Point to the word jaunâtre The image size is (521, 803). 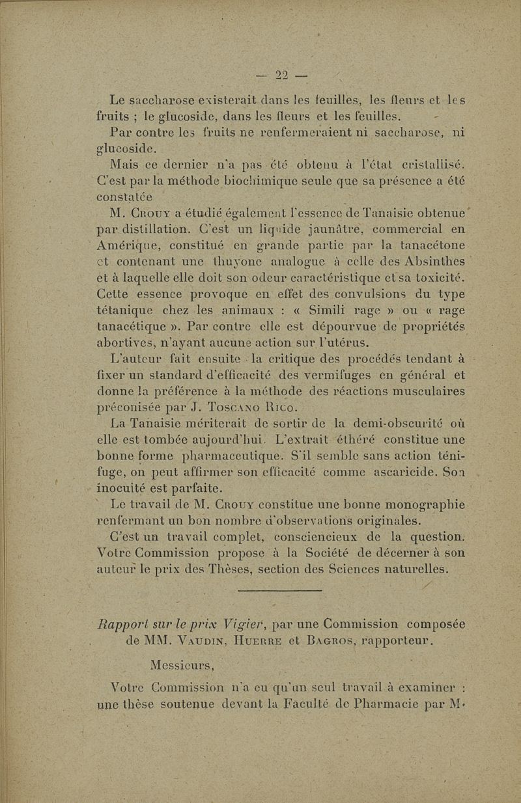(x=312, y=228)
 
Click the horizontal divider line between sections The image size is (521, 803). (x=281, y=590)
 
